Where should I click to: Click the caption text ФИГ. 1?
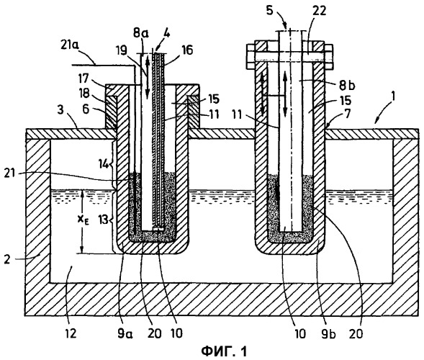[x=224, y=351]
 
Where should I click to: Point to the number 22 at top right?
[x=319, y=12]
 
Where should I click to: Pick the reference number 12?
[x=70, y=333]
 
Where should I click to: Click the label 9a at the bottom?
[x=125, y=333]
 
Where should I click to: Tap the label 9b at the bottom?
[x=328, y=333]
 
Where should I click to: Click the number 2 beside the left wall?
[x=8, y=259]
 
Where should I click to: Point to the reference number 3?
[x=61, y=111]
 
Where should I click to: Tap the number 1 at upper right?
[x=394, y=96]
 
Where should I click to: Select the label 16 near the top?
[x=186, y=50]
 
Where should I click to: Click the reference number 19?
[x=122, y=51]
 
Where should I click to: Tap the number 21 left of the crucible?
[x=11, y=174]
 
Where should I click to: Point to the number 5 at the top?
[x=271, y=12]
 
